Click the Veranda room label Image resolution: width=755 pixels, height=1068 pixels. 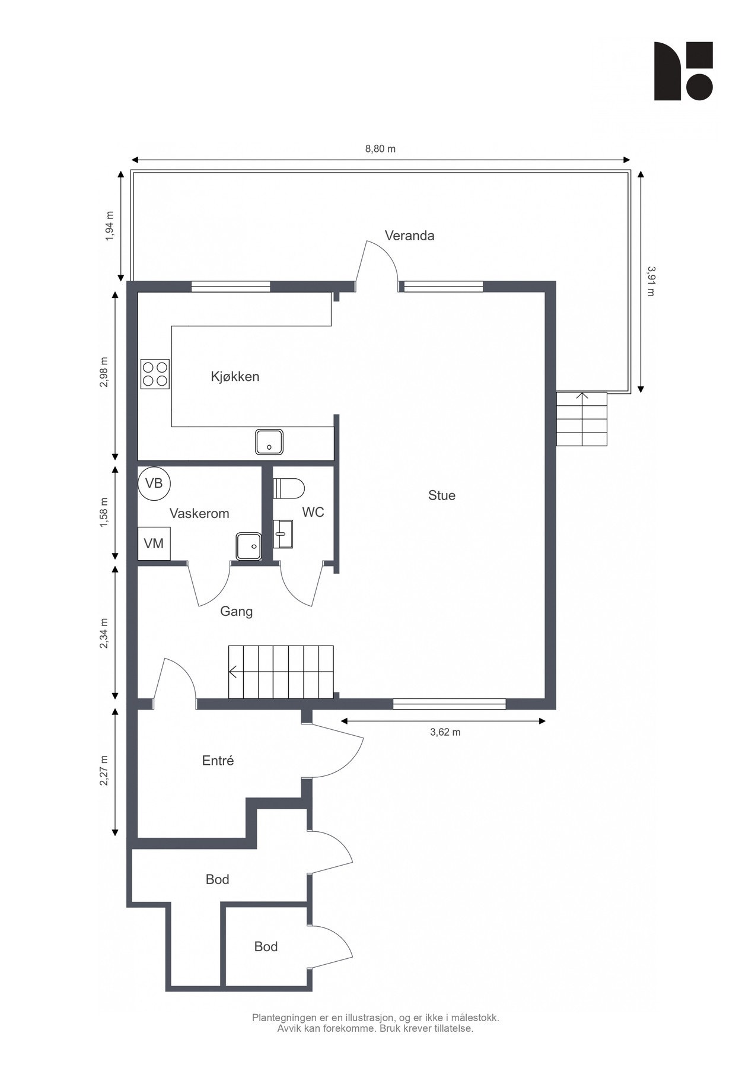[409, 236]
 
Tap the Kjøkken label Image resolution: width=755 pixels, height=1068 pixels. [235, 377]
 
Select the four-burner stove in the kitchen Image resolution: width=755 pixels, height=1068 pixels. [155, 374]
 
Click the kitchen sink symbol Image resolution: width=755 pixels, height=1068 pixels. [270, 442]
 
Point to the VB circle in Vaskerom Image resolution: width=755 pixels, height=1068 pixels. [154, 484]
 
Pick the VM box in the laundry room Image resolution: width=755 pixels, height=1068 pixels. [154, 543]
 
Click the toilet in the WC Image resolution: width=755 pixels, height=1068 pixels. [288, 489]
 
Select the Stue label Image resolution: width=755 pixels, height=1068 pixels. [442, 495]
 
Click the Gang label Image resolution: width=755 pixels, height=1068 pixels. [237, 611]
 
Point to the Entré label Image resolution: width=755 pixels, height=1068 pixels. [218, 761]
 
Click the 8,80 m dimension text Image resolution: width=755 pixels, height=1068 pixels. [380, 149]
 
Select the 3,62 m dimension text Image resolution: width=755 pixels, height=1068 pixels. [445, 732]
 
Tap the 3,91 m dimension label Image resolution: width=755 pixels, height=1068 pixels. [651, 281]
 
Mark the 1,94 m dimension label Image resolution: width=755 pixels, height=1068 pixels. [109, 226]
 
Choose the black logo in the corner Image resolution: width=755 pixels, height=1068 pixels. [683, 71]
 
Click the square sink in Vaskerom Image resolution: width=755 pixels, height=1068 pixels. [249, 546]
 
